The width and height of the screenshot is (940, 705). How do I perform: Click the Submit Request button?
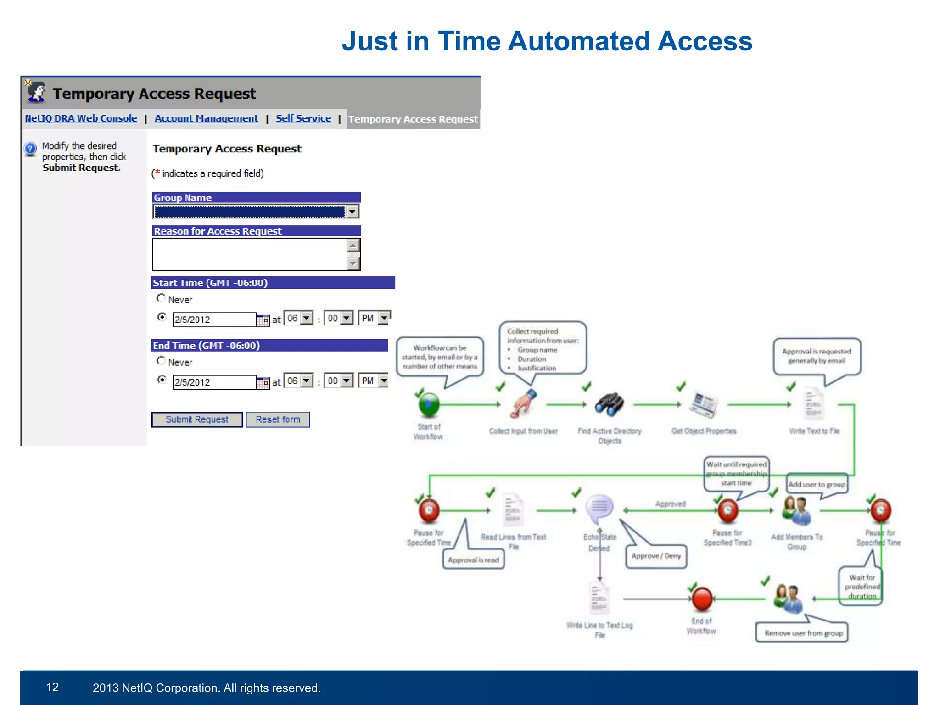pos(197,420)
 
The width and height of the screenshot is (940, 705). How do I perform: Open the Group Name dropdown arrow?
pos(352,212)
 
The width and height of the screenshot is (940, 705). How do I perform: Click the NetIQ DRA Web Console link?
pos(81,118)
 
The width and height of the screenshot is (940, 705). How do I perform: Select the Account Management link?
pos(206,118)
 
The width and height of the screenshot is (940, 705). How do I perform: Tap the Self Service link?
pos(303,118)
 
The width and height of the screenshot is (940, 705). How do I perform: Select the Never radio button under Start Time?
pos(161,298)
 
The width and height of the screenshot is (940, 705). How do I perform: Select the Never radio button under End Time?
pos(161,361)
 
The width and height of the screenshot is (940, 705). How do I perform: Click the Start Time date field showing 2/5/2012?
pos(214,319)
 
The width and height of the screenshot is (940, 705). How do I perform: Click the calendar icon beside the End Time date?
pos(263,382)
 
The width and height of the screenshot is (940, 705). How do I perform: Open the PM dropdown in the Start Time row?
pos(384,318)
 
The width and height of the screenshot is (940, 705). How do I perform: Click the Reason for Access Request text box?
pos(250,254)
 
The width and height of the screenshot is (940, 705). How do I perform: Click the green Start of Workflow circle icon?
pos(429,404)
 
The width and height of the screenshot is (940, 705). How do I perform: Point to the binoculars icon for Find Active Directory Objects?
pos(609,404)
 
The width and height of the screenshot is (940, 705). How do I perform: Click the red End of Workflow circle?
pos(702,599)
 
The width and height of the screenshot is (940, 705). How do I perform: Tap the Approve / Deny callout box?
pos(656,556)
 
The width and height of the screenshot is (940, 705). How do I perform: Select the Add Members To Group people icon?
pos(796,510)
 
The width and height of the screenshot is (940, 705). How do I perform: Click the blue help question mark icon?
pos(30,149)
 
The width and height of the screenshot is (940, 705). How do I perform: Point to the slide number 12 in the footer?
pos(52,687)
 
